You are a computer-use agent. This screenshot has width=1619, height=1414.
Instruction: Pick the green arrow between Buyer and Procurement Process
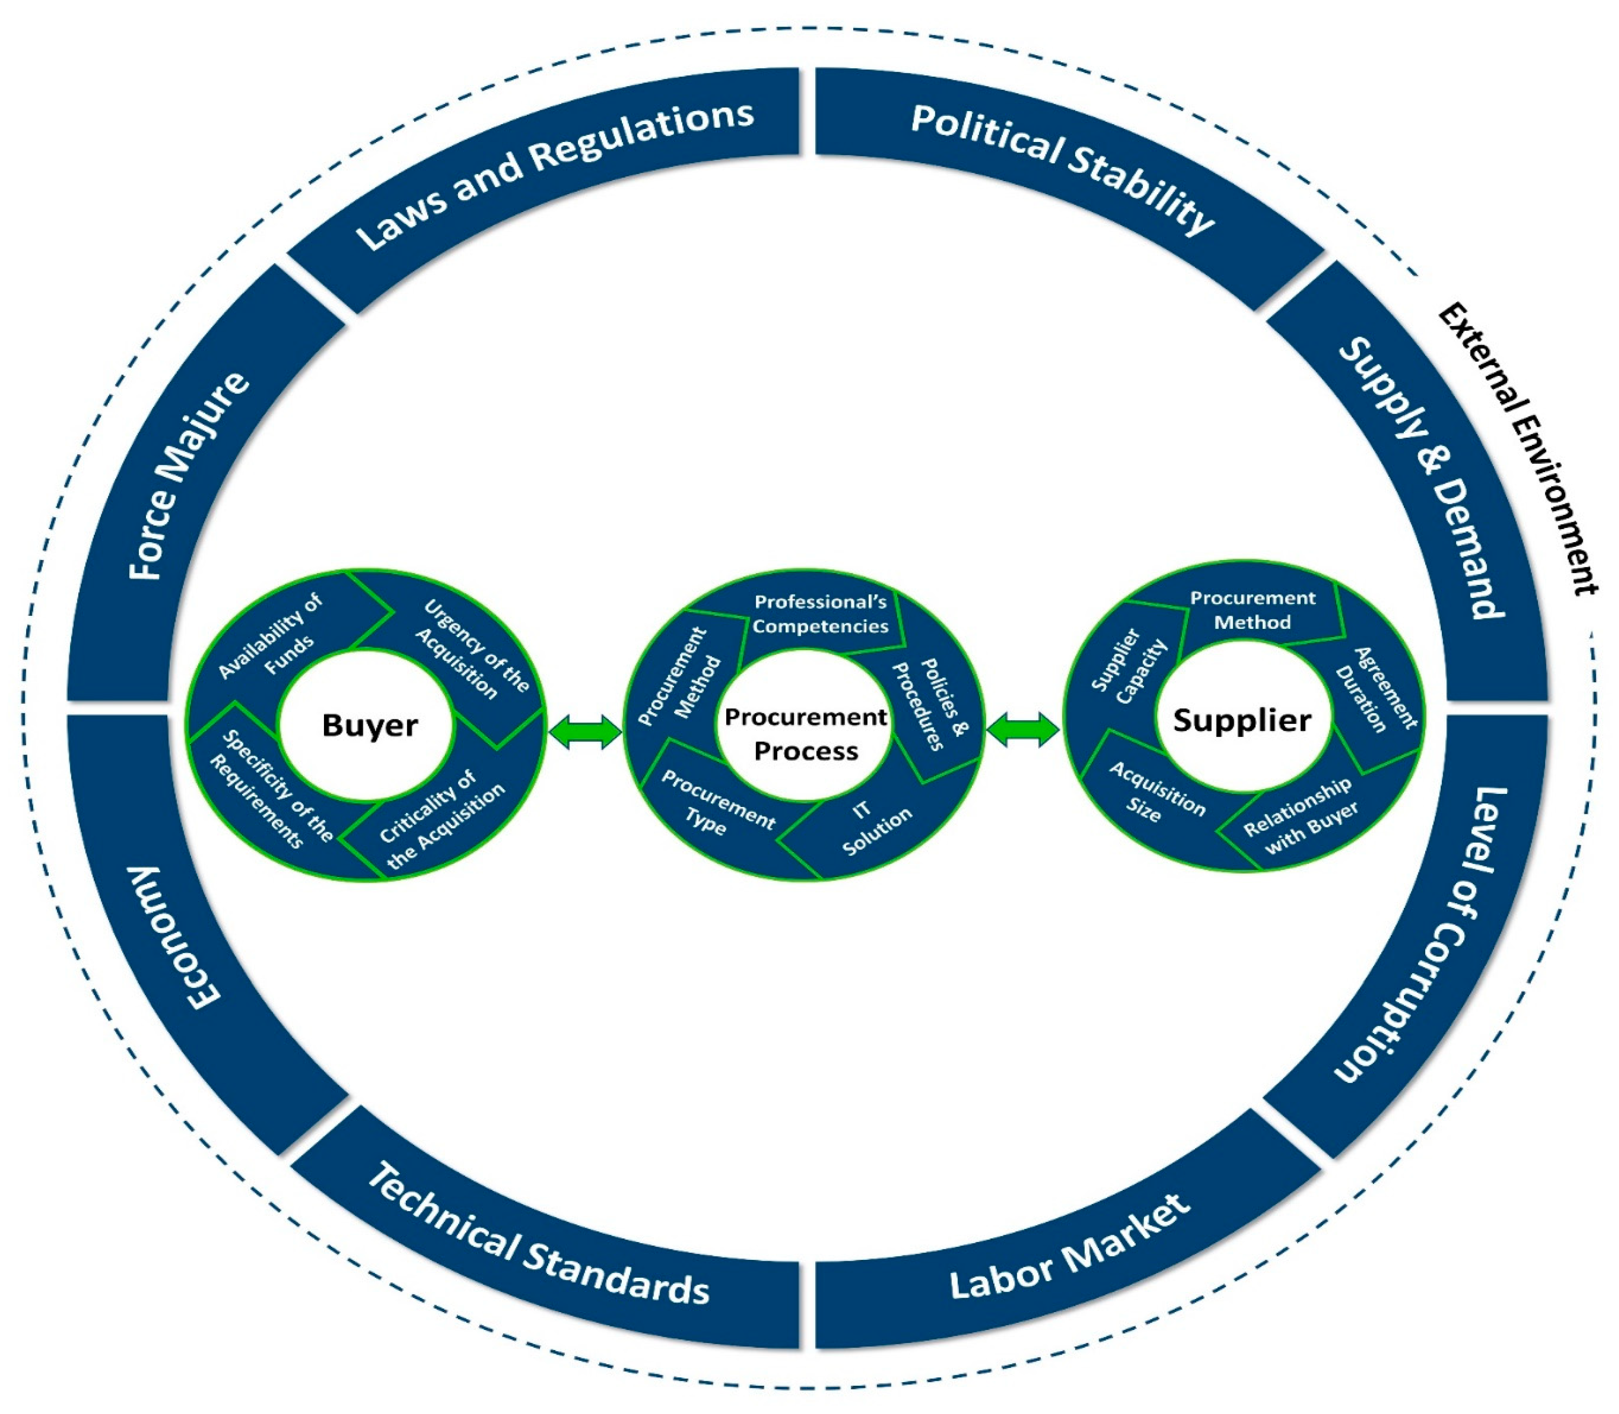coord(585,732)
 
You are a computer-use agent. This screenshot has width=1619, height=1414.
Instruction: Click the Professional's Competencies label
coord(820,614)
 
